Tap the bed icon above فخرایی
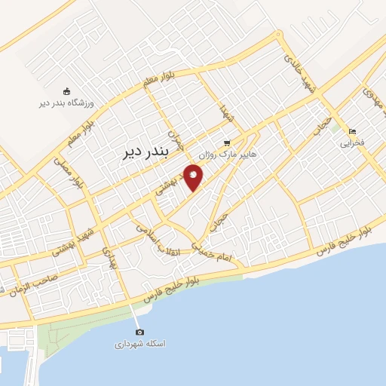pyautogui.click(x=352, y=131)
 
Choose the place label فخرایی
pyautogui.click(x=352, y=142)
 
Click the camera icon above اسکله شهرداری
pyautogui.click(x=139, y=332)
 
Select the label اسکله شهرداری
pyautogui.click(x=139, y=344)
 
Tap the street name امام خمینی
pyautogui.click(x=222, y=252)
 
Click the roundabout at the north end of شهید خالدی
pyautogui.click(x=278, y=34)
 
